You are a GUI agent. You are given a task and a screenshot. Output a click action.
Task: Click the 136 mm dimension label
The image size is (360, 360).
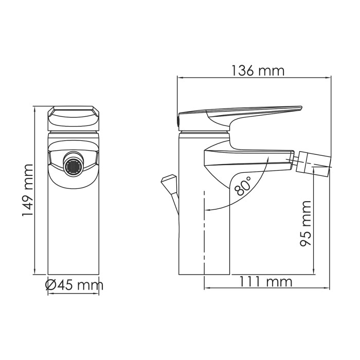[x=255, y=71]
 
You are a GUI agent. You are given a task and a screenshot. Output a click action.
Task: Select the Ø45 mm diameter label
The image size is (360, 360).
[x=74, y=284]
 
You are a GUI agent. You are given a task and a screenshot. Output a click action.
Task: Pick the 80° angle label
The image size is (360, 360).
[x=243, y=186]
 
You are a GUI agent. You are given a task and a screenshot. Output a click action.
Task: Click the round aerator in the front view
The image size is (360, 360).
[x=73, y=165]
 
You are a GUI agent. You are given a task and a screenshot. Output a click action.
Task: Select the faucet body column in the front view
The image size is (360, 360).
[x=73, y=226]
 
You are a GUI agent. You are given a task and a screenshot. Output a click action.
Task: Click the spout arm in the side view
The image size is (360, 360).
[x=247, y=157]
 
